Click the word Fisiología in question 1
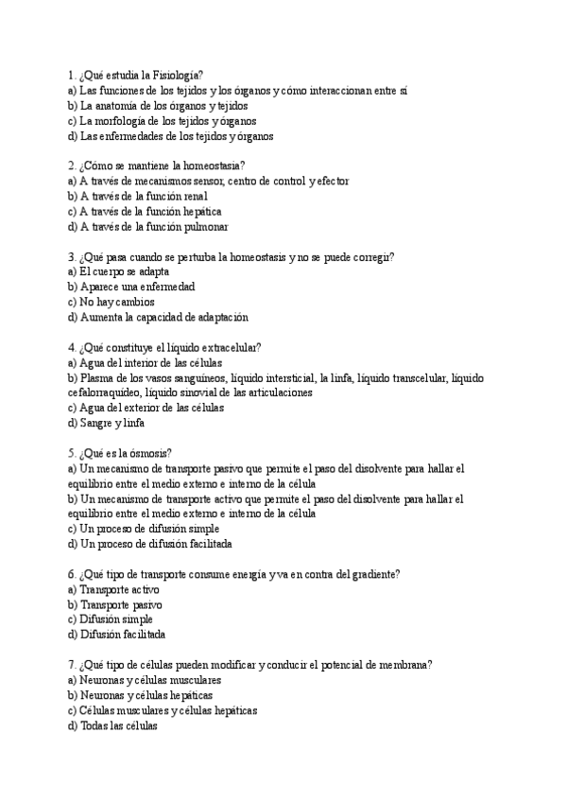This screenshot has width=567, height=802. (x=178, y=75)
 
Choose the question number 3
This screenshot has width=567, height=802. (x=72, y=256)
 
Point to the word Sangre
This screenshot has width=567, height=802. (x=98, y=423)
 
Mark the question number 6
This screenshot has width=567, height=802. (x=72, y=574)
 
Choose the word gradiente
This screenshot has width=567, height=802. (x=369, y=574)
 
